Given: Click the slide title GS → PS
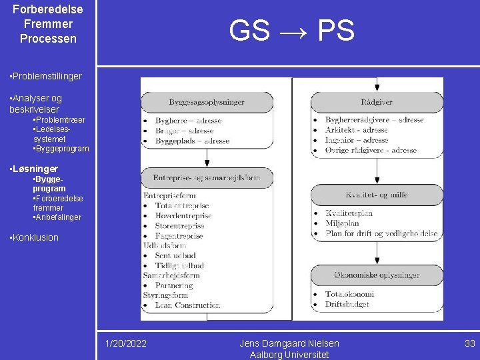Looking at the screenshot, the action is point(291,31).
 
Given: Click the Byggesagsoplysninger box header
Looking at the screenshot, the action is point(207,102).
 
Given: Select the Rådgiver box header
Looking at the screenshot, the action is point(377,102).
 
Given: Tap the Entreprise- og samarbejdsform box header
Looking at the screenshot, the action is point(207,178).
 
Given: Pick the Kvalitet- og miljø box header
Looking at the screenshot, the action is point(377,195).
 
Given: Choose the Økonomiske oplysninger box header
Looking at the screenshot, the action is point(377,275).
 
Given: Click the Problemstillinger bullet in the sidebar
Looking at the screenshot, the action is point(46,76).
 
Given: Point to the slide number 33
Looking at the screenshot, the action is point(470,343).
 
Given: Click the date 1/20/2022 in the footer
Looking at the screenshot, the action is point(126,343).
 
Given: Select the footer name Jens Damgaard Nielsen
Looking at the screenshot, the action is point(289,343).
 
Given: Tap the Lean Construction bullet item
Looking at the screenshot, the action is point(187,305).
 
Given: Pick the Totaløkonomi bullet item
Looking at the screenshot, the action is point(349,294).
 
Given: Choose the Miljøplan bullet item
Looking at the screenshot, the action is point(343,223).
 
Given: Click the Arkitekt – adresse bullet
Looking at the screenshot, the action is point(356,130).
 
